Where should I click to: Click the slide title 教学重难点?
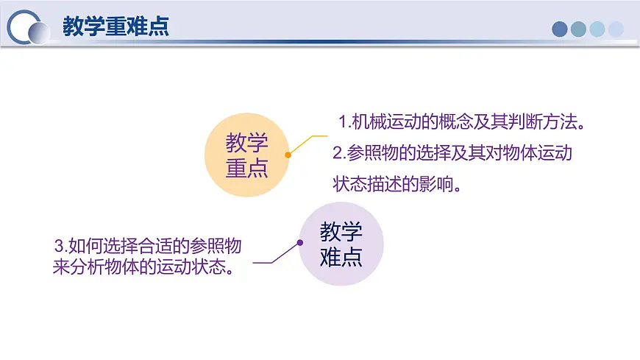tap(116, 27)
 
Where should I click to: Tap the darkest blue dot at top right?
tap(560, 29)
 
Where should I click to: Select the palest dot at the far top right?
tap(616, 29)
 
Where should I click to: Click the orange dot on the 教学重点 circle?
tap(288, 155)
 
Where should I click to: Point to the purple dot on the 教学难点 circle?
tap(300, 243)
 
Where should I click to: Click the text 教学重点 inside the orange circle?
tap(247, 155)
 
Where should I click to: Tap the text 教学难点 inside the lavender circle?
tap(341, 244)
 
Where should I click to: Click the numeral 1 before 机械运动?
tap(343, 121)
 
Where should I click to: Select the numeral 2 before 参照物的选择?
tap(338, 153)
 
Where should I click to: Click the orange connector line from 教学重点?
tap(307, 144)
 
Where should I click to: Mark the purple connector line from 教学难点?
tap(277, 254)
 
